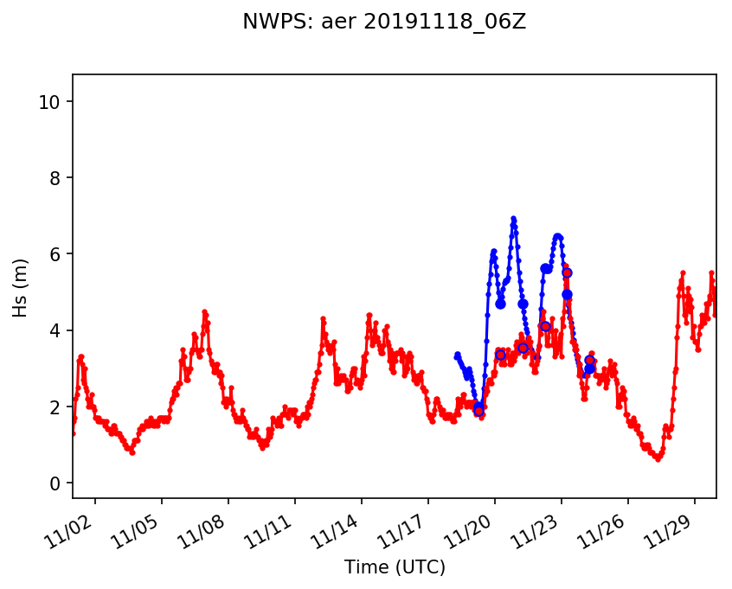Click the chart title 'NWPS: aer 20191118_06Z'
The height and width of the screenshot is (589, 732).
[384, 22]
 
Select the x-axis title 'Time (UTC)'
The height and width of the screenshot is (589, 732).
[395, 567]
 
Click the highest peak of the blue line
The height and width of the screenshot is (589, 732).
[513, 218]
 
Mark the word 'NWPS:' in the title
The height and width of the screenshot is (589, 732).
[269, 22]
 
